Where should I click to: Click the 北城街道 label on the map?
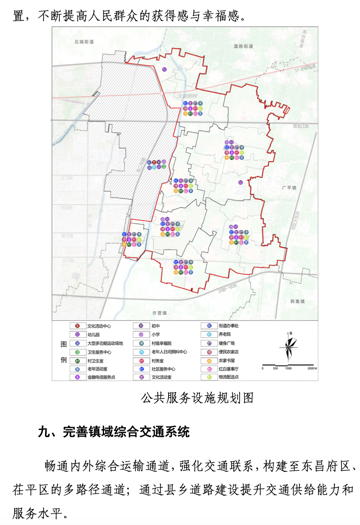click(x=84, y=42)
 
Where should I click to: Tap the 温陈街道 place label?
click(x=243, y=46)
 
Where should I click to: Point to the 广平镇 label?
click(x=289, y=188)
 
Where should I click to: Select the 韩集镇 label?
click(x=297, y=301)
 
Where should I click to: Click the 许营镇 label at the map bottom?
click(x=159, y=313)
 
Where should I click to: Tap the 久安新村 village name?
click(x=187, y=96)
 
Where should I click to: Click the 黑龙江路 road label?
click(x=301, y=126)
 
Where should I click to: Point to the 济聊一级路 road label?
click(x=227, y=288)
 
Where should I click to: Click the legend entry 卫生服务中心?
click(x=99, y=352)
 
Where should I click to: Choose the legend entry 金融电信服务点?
click(x=101, y=377)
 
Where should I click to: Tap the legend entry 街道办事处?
click(x=229, y=326)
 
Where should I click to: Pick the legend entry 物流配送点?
click(x=229, y=377)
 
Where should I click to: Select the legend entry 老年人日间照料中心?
click(x=169, y=352)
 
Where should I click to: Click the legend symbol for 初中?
click(x=141, y=326)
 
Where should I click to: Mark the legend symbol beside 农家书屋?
click(x=209, y=361)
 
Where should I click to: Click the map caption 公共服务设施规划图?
click(x=197, y=398)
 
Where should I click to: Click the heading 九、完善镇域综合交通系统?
click(x=114, y=432)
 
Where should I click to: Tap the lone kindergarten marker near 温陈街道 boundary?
click(x=164, y=70)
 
